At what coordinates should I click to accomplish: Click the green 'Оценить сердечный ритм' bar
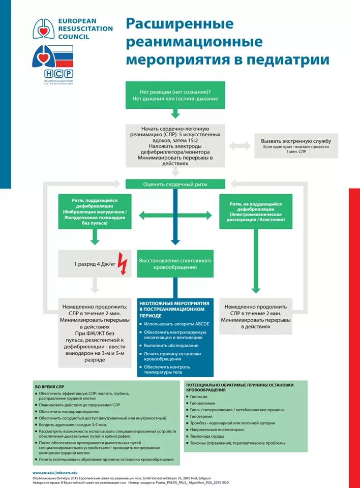point(175,185)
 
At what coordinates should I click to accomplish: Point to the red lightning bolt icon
point(123,263)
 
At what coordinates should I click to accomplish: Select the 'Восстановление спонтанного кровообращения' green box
point(175,263)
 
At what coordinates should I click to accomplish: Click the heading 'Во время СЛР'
point(50,387)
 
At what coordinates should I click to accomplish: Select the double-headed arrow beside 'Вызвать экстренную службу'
point(239,146)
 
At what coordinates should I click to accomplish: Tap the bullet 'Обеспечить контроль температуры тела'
point(174,369)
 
